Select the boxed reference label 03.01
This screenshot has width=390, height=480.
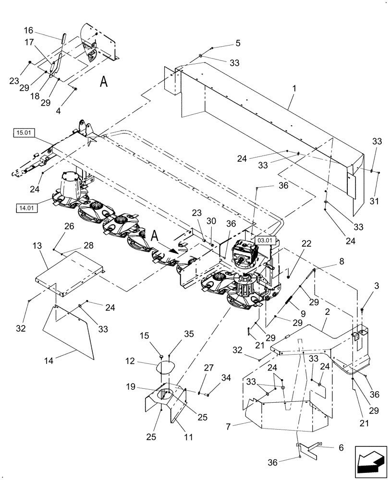tap(265, 240)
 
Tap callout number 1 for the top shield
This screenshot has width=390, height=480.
tap(294, 89)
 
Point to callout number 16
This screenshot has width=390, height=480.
tap(29, 30)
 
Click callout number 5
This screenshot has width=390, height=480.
tap(237, 43)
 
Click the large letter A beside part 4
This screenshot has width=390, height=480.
tap(104, 82)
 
